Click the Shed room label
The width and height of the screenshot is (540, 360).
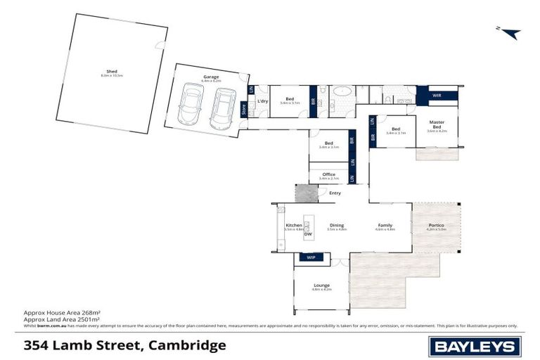(x=111, y=72)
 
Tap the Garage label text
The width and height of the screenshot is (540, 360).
(x=211, y=77)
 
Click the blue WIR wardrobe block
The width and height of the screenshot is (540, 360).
(x=437, y=95)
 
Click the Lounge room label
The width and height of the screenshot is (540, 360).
(x=321, y=285)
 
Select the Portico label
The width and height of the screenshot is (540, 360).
(x=437, y=226)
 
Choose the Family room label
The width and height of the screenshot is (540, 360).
(x=385, y=226)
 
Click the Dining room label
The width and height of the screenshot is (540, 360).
(x=337, y=226)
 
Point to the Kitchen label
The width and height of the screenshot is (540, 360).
(x=294, y=226)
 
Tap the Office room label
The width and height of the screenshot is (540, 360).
(x=328, y=174)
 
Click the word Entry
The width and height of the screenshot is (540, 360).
(x=335, y=193)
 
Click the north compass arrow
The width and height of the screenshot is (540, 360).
(x=509, y=33)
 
